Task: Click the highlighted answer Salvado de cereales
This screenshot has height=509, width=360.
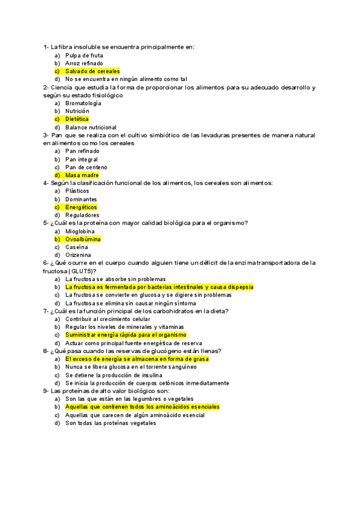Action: pos(92,71)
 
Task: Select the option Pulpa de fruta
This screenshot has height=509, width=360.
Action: pos(80,55)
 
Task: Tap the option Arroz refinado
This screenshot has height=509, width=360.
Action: pos(84,63)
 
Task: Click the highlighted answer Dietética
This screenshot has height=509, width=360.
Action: pos(77,119)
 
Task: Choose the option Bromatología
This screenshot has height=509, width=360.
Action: pos(83,103)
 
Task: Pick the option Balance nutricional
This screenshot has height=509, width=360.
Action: pos(91,127)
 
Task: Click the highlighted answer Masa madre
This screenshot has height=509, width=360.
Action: pos(82,175)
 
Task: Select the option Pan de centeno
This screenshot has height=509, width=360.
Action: pos(86,167)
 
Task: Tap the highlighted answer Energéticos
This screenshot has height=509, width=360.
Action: pos(81,207)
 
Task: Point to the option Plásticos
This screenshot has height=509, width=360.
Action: pos(77,191)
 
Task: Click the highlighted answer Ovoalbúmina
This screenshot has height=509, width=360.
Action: pos(83,239)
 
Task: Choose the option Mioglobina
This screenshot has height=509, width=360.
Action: pos(80,231)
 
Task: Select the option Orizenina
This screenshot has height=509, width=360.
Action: pos(79,255)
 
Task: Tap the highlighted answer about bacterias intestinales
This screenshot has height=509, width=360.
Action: pos(160,287)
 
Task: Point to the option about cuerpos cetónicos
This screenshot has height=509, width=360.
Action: pos(147,383)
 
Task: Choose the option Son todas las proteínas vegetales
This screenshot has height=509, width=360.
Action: pos(110,423)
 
